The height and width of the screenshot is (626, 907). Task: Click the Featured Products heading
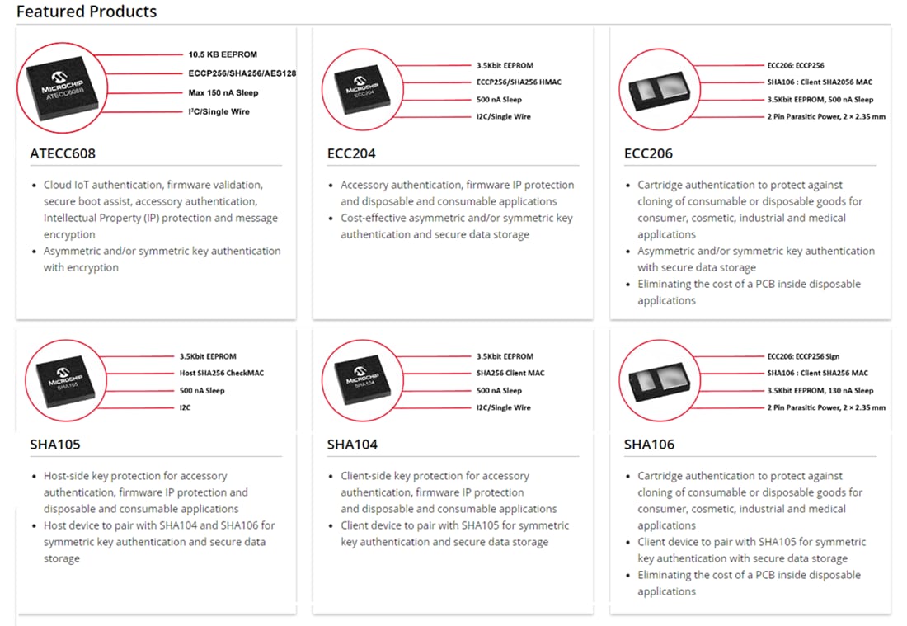click(87, 12)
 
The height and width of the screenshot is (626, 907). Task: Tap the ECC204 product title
click(352, 153)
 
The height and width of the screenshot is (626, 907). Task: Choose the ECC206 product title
click(648, 153)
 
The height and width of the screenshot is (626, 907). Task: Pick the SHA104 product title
click(352, 445)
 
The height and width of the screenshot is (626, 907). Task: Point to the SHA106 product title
click(649, 445)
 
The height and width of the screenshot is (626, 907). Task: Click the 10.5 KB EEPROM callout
click(223, 54)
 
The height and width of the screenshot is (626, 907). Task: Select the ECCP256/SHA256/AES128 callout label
click(242, 73)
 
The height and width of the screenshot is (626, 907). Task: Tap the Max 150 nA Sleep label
click(223, 93)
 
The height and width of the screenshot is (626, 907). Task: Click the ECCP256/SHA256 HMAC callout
click(519, 82)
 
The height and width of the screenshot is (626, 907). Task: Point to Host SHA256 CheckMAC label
click(223, 374)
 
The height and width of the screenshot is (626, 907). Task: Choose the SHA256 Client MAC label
click(510, 374)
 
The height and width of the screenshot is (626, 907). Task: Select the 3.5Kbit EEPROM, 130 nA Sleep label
click(820, 391)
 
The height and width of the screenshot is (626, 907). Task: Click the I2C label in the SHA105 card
click(186, 408)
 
